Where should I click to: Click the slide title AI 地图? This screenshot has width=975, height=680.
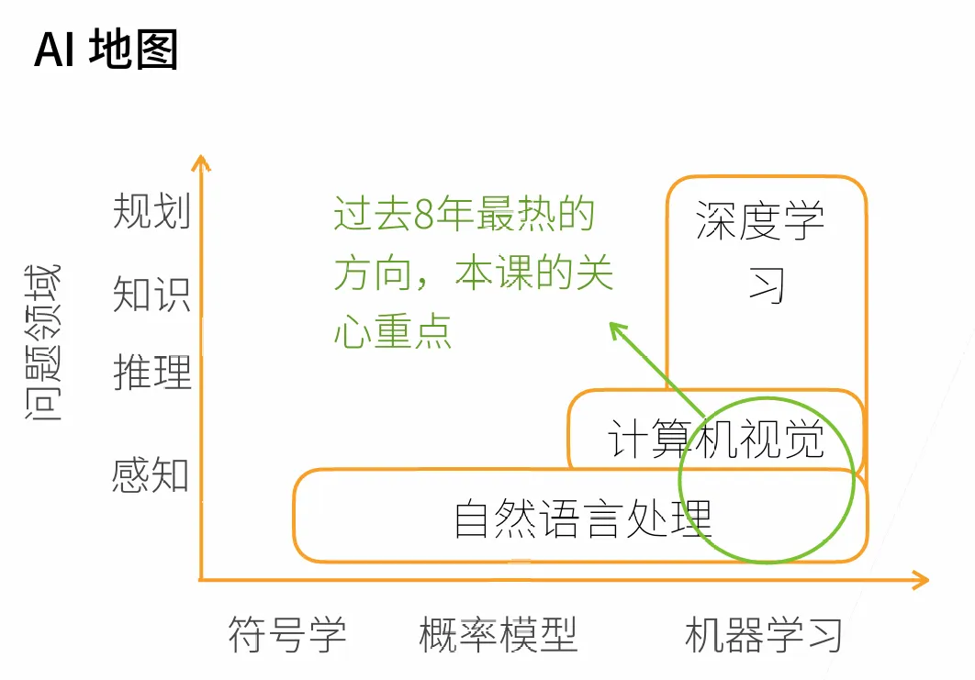click(106, 50)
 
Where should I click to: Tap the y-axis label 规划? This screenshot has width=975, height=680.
click(151, 212)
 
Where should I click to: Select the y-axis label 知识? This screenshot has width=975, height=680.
click(151, 295)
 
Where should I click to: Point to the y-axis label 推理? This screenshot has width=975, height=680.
click(151, 373)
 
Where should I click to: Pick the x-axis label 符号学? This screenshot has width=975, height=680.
click(287, 634)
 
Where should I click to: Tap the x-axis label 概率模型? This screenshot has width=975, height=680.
click(498, 634)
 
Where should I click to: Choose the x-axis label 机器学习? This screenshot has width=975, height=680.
click(763, 634)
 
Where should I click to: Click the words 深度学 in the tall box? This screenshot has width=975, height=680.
click(760, 220)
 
